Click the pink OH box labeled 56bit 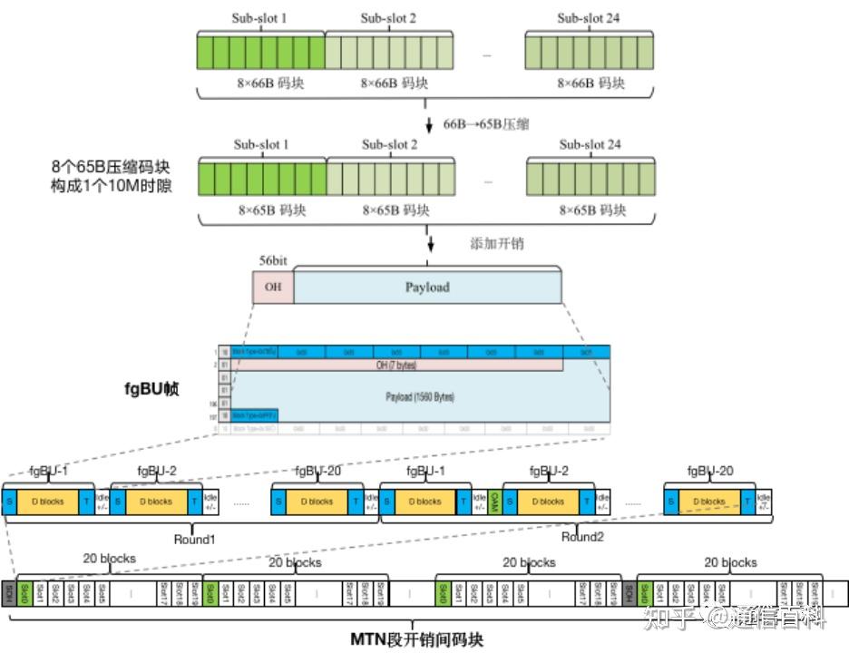[272, 287]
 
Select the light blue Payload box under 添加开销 [426, 287]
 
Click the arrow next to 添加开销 [431, 243]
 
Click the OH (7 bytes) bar [397, 365]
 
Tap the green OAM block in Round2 [494, 501]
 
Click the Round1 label [194, 539]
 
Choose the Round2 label [581, 536]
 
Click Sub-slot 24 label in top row [589, 18]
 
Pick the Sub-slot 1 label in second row [261, 144]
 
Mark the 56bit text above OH [273, 259]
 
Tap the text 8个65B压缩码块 [111, 168]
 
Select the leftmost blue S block [9, 501]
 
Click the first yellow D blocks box [48, 501]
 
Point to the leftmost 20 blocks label [109, 559]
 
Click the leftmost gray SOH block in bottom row [9, 593]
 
